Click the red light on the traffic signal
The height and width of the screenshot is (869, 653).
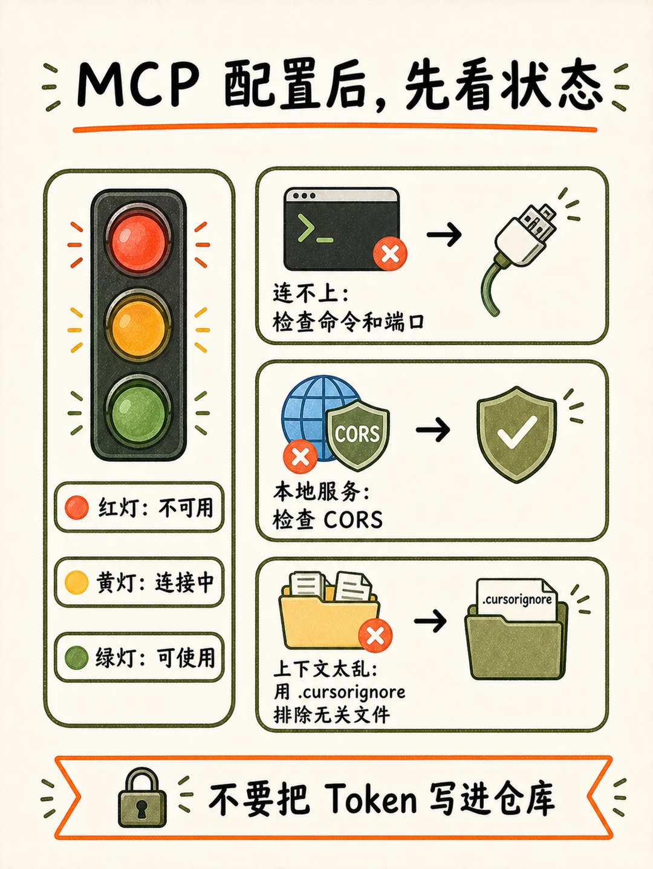pos(138,240)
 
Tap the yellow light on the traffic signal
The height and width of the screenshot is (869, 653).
pos(138,330)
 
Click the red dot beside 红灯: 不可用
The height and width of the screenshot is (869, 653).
pos(76,507)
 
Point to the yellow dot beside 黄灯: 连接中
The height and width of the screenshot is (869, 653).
pos(76,582)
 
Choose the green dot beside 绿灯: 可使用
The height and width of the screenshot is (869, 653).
pos(76,657)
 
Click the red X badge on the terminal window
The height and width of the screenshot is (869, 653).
pos(390,254)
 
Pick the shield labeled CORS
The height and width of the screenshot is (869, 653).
pos(357,435)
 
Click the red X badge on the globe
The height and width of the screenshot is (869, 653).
pos(300,457)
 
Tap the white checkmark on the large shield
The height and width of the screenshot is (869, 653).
pos(516,432)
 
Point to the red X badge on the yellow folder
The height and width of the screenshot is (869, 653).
pos(375,636)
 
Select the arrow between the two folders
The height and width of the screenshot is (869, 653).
pos(430,620)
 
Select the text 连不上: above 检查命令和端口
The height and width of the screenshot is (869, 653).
pos(311,295)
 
